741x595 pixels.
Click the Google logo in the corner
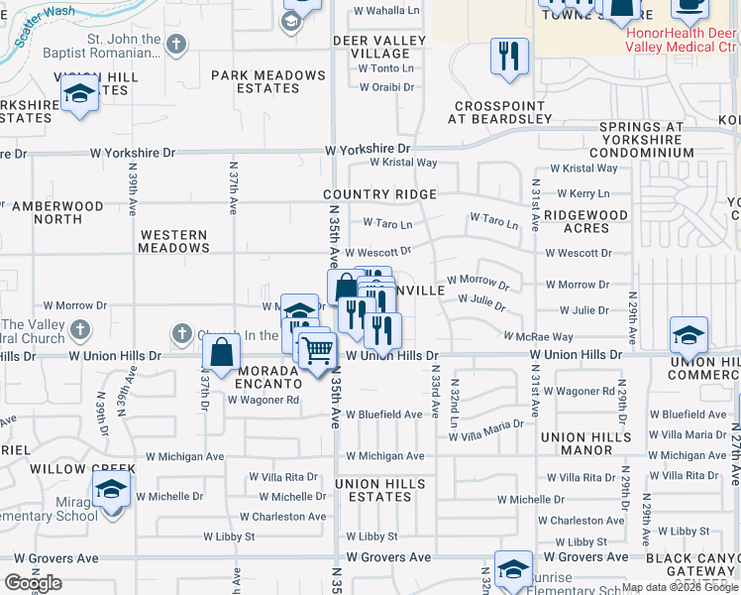(x=33, y=583)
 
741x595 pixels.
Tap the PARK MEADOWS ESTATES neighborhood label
(x=268, y=81)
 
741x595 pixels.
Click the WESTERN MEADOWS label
(x=173, y=241)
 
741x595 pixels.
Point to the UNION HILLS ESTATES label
(x=380, y=490)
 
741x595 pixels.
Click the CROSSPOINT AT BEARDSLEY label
(x=500, y=112)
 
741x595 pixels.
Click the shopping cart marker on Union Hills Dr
(x=317, y=349)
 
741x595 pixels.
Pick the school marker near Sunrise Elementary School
(x=513, y=569)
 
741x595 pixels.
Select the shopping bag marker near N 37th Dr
(x=222, y=350)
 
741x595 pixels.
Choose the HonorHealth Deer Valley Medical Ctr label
(x=683, y=39)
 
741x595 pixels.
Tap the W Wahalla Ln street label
(x=387, y=10)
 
